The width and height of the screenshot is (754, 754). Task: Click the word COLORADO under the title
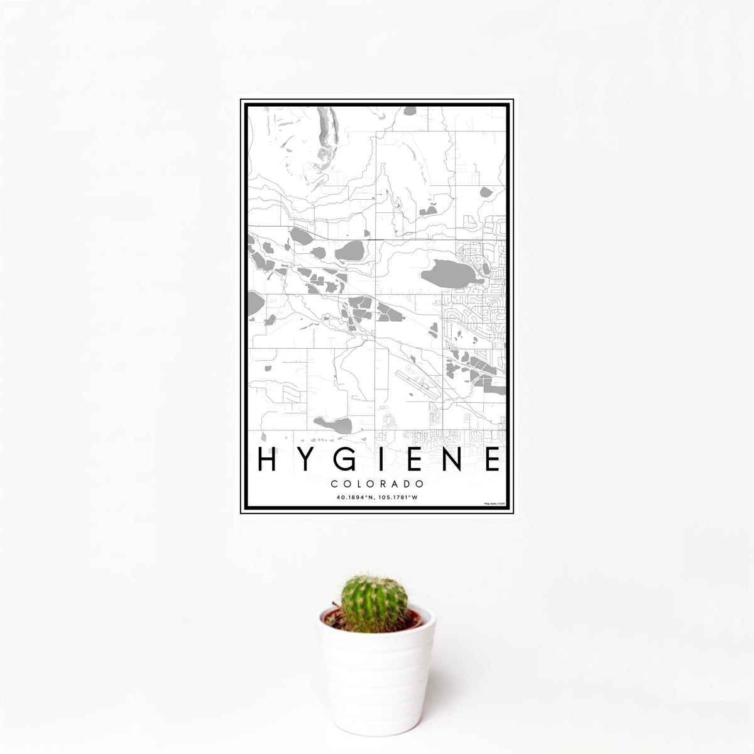pyautogui.click(x=377, y=484)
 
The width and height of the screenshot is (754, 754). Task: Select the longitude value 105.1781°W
pyautogui.click(x=397, y=497)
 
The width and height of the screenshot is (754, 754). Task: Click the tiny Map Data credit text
pyautogui.click(x=493, y=504)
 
